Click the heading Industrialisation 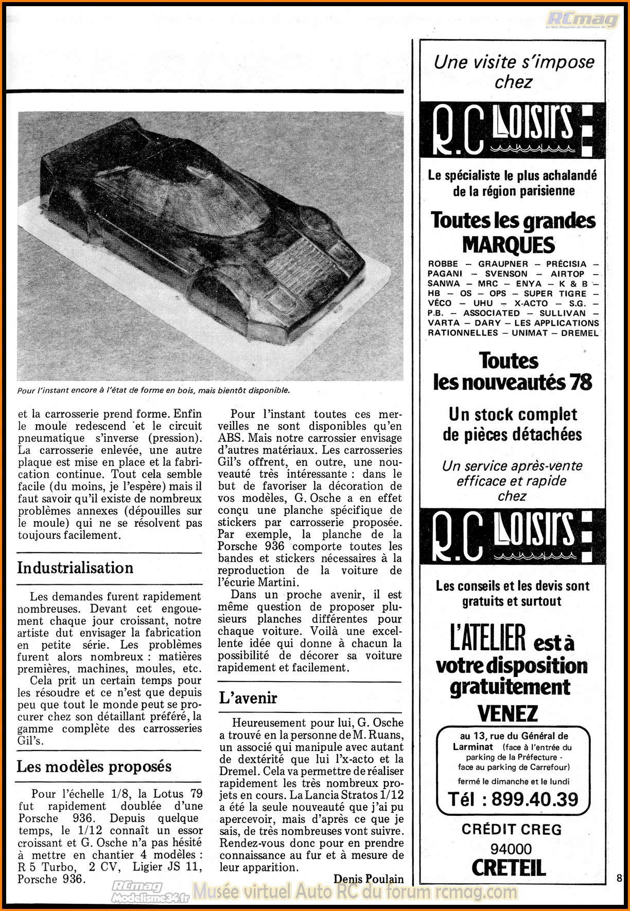75,568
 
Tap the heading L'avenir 248,698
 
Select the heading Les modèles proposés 94,766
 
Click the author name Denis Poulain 369,879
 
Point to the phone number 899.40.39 534,799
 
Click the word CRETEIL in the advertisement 509,868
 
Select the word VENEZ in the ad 507,713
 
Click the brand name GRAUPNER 503,264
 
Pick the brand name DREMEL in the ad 580,333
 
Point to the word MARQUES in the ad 509,245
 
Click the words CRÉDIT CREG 511,829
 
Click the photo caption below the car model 153,390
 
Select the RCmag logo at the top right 582,20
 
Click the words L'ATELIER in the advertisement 487,639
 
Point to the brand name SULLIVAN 562,313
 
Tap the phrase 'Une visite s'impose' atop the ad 514,62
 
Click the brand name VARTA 443,323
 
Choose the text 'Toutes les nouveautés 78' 512,371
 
